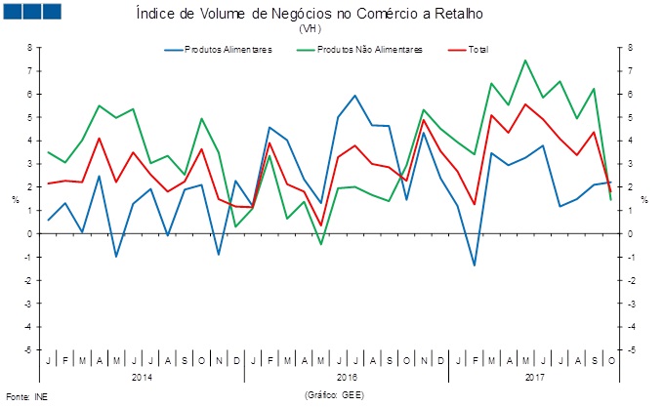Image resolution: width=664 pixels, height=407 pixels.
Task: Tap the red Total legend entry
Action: [477, 50]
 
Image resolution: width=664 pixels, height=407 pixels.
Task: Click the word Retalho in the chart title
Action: [459, 15]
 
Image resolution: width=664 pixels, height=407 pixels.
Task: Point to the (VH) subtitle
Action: [311, 29]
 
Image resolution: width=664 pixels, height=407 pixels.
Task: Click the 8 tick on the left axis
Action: [30, 47]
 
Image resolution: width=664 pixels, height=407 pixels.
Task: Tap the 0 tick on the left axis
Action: [30, 234]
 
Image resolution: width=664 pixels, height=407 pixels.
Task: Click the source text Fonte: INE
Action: [26, 397]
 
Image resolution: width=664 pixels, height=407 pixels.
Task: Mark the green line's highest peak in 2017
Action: [525, 61]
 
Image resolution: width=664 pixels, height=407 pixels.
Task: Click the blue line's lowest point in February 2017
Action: [474, 265]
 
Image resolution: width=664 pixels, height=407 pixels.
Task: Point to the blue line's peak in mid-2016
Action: [354, 96]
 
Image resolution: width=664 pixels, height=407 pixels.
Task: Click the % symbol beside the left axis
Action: [15, 199]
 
